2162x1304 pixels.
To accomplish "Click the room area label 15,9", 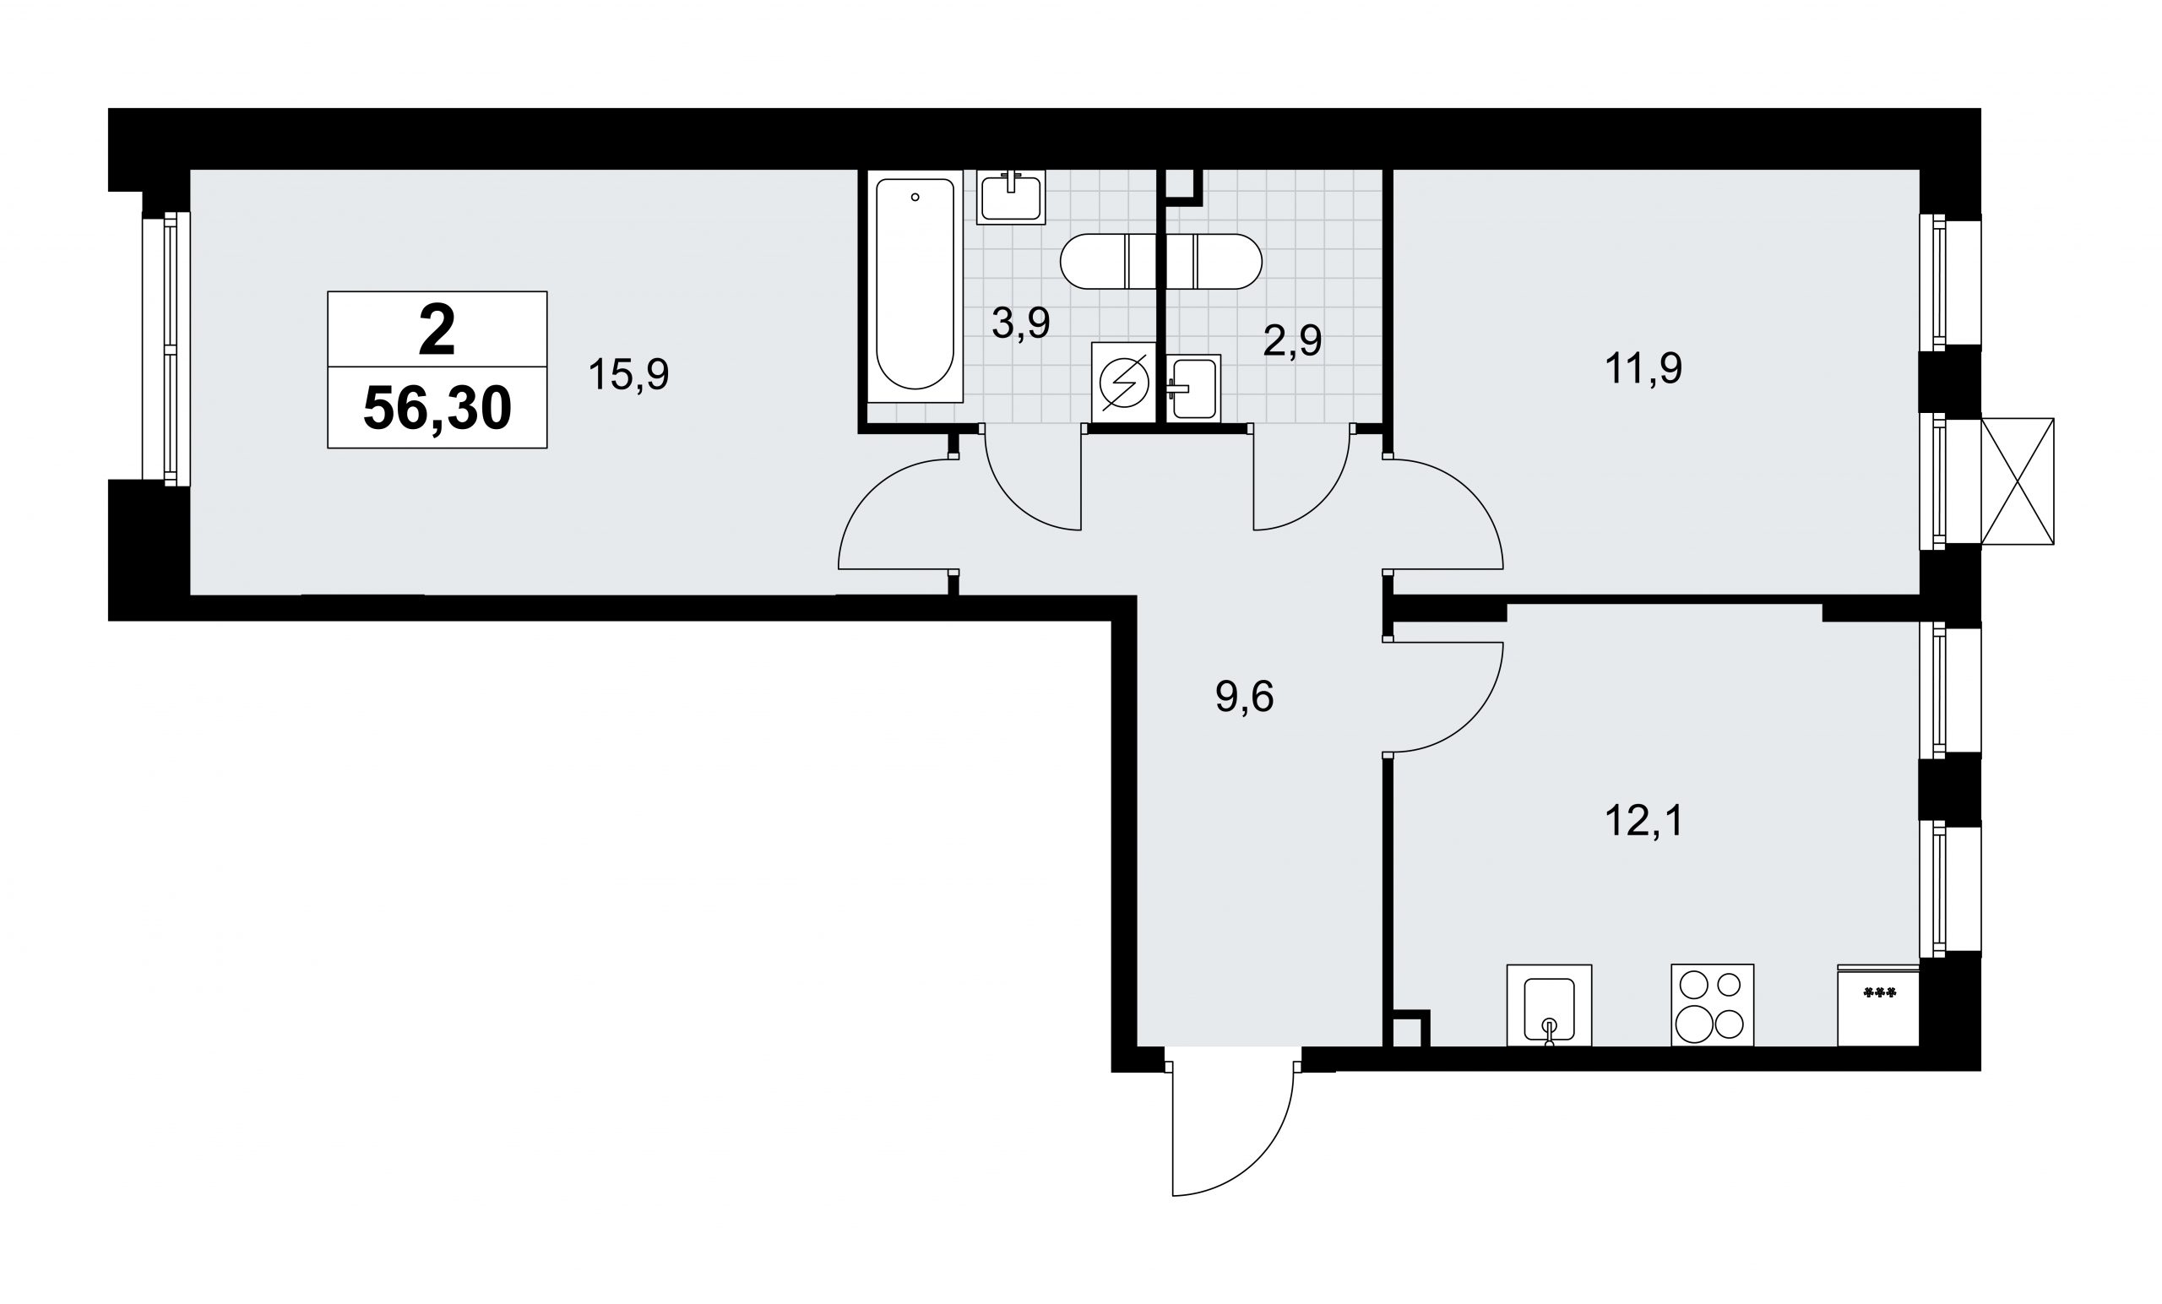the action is coord(628,375).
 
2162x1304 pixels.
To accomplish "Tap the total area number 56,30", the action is coord(437,408).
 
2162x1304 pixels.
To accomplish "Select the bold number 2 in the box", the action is coord(437,330).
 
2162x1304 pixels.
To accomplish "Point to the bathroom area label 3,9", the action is coord(1020,323).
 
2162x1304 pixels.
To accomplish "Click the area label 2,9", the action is coord(1291,340).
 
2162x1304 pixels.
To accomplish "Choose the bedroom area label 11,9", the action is coord(1643,368).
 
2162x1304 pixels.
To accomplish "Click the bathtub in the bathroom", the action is coord(915,286).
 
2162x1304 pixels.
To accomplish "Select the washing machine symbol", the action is coord(1124,383).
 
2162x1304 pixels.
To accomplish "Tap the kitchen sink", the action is coord(1549,1006).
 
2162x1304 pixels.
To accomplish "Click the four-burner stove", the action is coord(1712,1005).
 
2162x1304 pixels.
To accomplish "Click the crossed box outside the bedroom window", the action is coord(2018,481).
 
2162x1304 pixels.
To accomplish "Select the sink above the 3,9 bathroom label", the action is coord(1011,197).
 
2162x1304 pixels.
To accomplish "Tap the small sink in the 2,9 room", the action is coord(1193,387).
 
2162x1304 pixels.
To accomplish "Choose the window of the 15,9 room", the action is coord(166,348).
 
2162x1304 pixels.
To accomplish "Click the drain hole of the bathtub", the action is coord(915,198).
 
